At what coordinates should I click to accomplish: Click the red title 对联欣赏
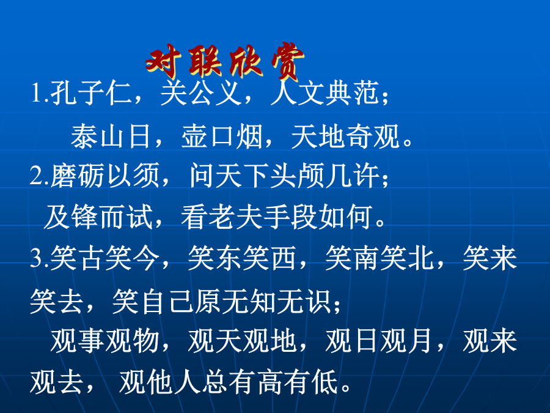tap(225, 62)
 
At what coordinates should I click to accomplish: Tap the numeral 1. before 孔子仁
tap(39, 93)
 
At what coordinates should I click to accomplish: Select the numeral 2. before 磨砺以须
tap(39, 175)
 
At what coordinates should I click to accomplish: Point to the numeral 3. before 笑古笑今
tap(39, 258)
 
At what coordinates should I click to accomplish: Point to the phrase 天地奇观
tap(345, 136)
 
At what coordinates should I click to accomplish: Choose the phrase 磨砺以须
tap(105, 175)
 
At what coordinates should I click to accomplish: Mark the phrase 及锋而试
tap(98, 217)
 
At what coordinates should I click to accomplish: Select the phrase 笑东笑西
tap(243, 258)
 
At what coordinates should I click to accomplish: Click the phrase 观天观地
tap(243, 341)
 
